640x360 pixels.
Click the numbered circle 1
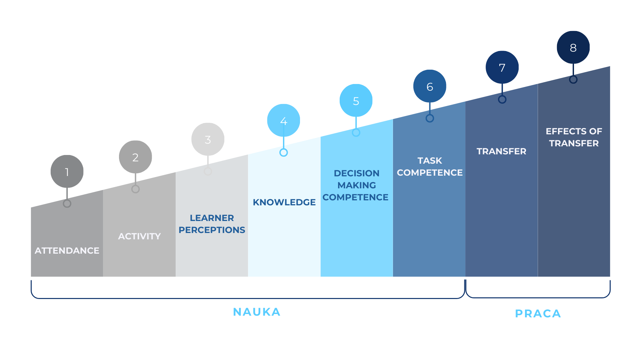click(67, 171)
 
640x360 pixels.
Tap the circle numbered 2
click(135, 157)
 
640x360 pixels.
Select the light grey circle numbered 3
click(208, 139)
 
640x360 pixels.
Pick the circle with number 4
click(284, 120)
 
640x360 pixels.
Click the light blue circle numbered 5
click(356, 100)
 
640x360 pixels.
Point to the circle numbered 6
click(430, 86)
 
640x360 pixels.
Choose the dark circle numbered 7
click(502, 67)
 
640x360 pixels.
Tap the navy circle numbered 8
click(573, 47)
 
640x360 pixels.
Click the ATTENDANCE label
click(67, 251)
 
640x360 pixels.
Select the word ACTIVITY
click(139, 236)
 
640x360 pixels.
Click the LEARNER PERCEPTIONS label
click(212, 224)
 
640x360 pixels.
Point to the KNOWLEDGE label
click(284, 202)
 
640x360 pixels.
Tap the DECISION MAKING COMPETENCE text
click(356, 185)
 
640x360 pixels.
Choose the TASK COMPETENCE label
click(430, 167)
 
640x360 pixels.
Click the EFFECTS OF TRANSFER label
click(574, 137)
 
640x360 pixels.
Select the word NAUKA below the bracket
click(257, 312)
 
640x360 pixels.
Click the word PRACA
click(538, 314)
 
